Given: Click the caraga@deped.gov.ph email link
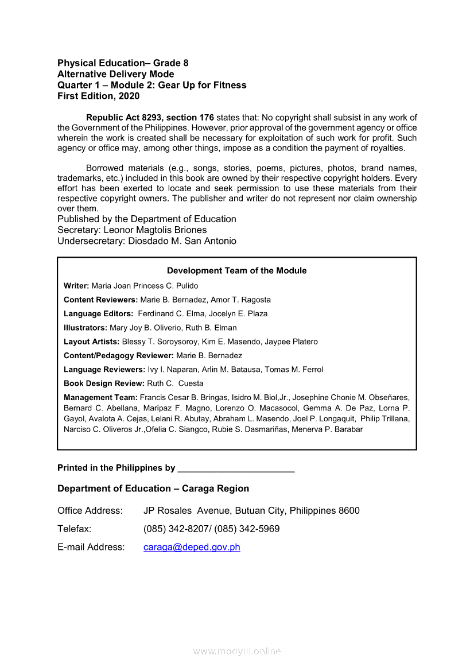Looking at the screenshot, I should coord(192,547).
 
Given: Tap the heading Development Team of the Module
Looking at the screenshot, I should coord(236,271).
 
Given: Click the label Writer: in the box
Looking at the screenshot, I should coord(76,286).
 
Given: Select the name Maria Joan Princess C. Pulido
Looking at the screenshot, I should coord(145,286).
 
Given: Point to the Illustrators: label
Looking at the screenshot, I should coord(86,328).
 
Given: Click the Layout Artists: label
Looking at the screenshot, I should coord(92,342).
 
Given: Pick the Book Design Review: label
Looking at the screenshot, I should coord(104,383).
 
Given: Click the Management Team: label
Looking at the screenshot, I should coord(100,397).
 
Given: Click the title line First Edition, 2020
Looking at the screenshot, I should coord(98,96).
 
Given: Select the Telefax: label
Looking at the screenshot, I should coord(75,529).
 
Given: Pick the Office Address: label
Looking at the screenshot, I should coord(90,510).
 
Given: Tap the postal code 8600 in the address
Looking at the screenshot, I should coord(349,510).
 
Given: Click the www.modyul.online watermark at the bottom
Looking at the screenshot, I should coord(237,651).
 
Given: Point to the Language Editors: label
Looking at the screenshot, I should coord(99,314).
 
